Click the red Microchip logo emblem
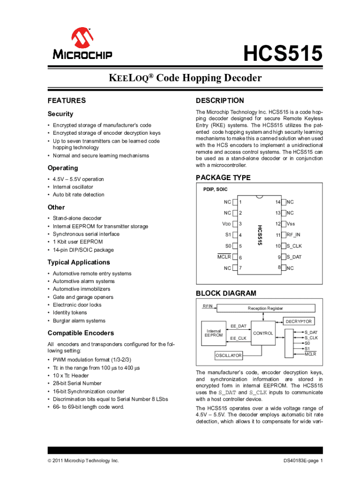pos(82,37)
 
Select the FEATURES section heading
pos(67,101)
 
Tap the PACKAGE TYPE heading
pos(223,178)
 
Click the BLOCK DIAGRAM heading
pos(226,293)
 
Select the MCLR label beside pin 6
pos(224,257)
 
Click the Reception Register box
pos(265,308)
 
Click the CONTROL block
pos(263,334)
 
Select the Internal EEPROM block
pos(214,333)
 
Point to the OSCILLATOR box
pos(229,356)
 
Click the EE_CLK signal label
pos(238,338)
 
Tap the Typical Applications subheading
pos(79,262)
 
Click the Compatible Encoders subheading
pos(80,333)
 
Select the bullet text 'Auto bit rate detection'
pos(79,195)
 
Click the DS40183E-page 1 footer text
pos(303,461)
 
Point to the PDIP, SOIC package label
pos(216,190)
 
